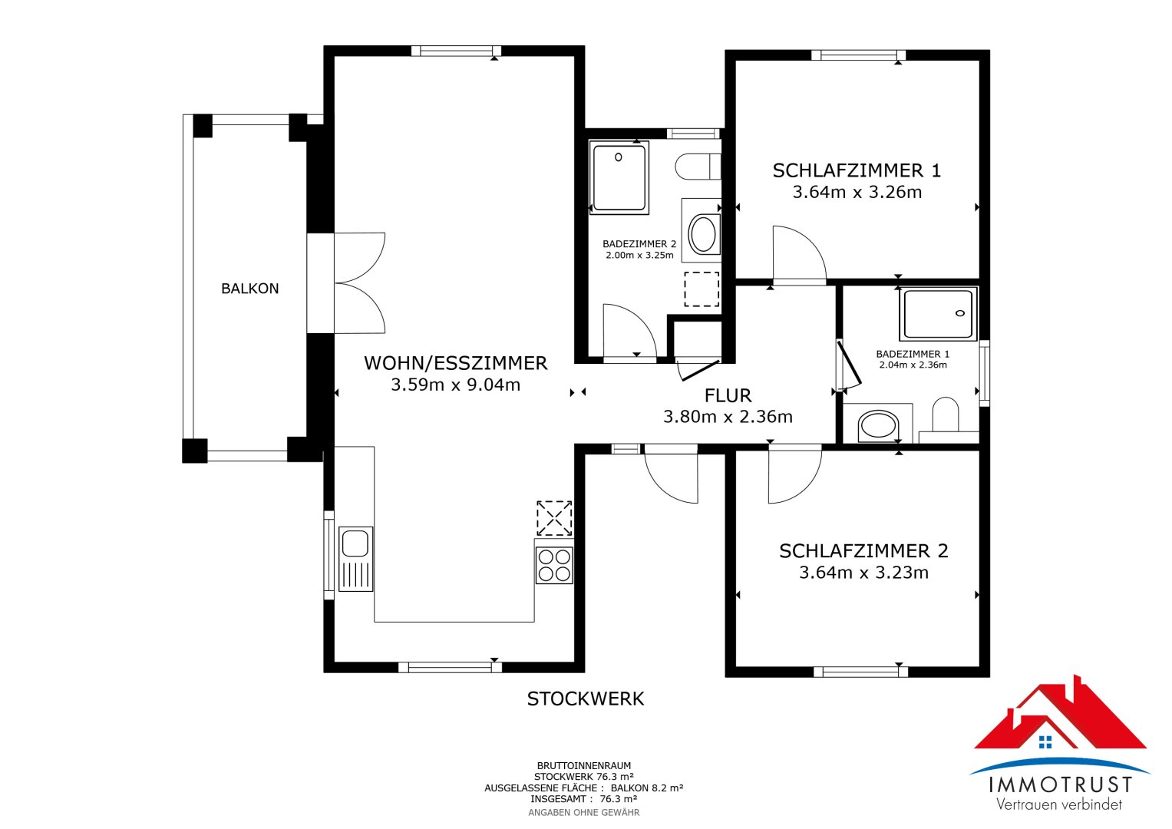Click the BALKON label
click(x=249, y=289)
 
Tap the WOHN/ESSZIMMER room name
click(x=455, y=363)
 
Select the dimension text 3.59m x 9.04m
click(x=455, y=385)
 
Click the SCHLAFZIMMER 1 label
click(x=857, y=170)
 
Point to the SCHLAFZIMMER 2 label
click(x=863, y=551)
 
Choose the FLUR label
click(x=728, y=396)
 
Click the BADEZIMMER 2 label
click(x=639, y=244)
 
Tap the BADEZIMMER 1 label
click(x=913, y=354)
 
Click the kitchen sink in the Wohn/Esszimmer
click(x=355, y=558)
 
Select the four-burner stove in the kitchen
click(x=553, y=565)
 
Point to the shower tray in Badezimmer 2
click(x=619, y=177)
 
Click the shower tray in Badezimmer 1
click(x=939, y=314)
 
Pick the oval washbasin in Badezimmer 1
click(x=878, y=425)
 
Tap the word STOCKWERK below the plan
click(x=586, y=699)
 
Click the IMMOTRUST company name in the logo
click(x=1060, y=784)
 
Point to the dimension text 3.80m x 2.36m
click(x=728, y=417)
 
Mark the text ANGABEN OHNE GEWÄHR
click(x=583, y=812)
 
